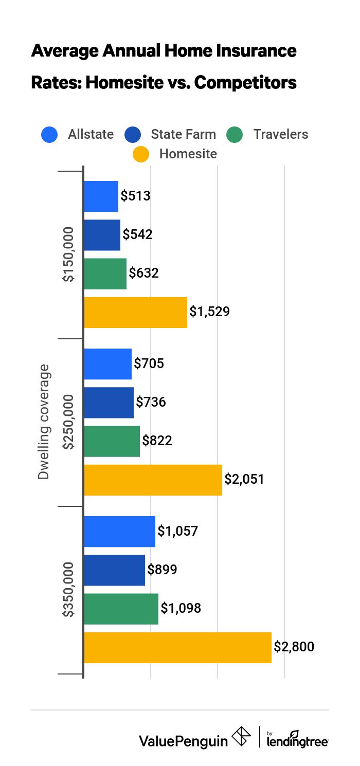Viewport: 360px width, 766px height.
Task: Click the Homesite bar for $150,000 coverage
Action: [135, 313]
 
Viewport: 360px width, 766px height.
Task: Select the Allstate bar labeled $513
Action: [101, 196]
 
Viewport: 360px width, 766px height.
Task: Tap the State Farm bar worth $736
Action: [109, 403]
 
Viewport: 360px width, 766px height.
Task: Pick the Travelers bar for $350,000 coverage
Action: [121, 609]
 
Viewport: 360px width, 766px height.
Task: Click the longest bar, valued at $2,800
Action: [177, 647]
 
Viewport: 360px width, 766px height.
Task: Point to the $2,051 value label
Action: [244, 480]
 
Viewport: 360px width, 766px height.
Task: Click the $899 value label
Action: [162, 570]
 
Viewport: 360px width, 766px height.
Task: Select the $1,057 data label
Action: [177, 531]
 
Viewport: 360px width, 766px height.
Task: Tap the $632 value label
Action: [143, 273]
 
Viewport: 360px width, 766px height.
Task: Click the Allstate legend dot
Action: [50, 135]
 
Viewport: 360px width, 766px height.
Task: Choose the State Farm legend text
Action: [183, 135]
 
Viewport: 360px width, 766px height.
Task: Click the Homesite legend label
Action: [188, 154]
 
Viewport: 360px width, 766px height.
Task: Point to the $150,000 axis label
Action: [68, 254]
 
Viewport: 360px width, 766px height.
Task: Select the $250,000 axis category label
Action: [68, 422]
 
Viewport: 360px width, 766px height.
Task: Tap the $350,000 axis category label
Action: [68, 589]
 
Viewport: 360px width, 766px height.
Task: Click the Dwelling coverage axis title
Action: [44, 422]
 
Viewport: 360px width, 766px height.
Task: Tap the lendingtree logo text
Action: [298, 741]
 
